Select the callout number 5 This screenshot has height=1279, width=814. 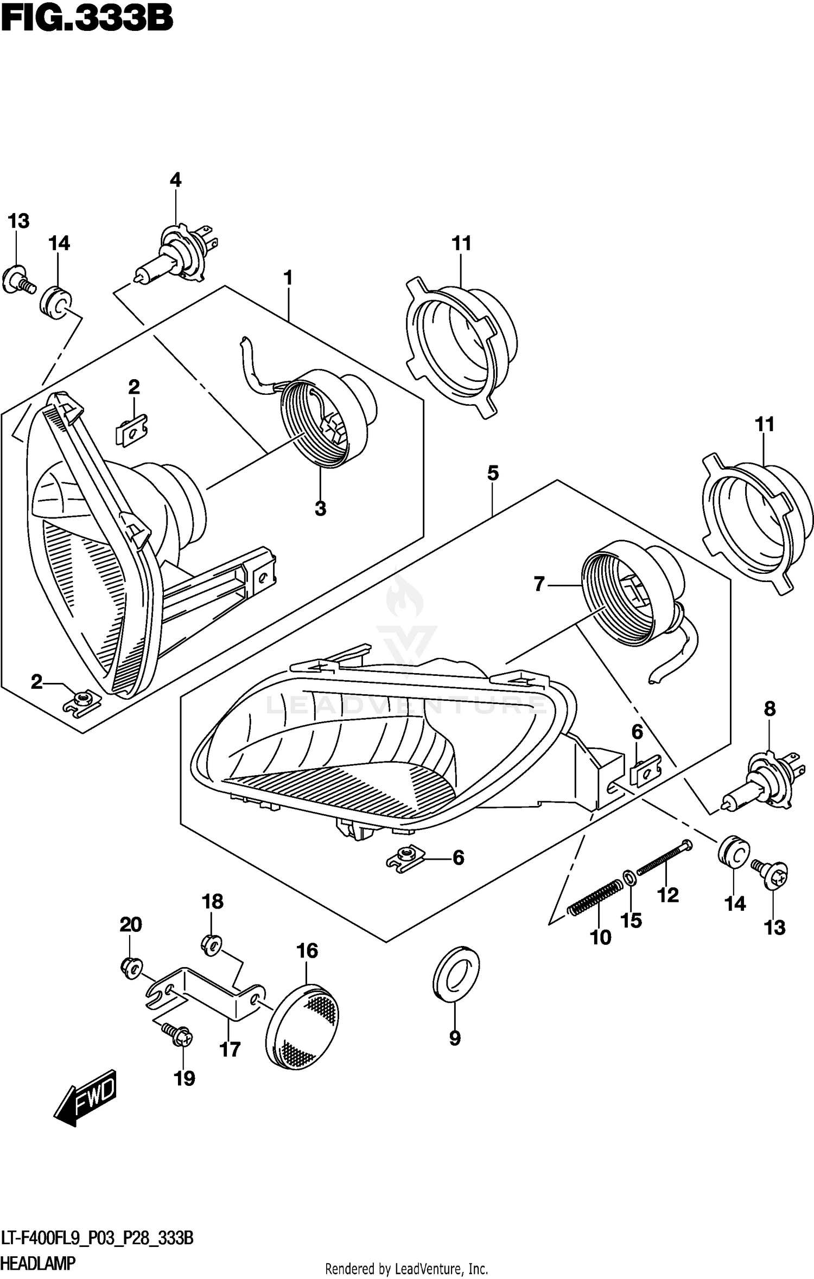coord(492,473)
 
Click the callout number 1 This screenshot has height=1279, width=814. coord(288,278)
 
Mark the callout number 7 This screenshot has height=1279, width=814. coord(538,584)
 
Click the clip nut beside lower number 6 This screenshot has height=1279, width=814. coord(406,858)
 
